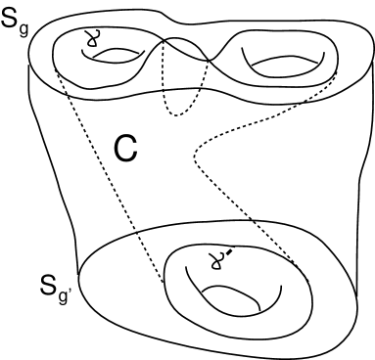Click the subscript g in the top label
click(x=27, y=29)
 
